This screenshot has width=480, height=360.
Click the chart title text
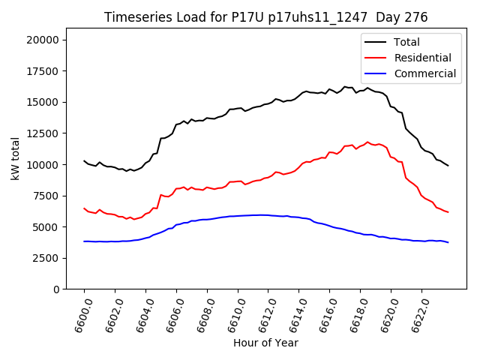(x=266, y=17)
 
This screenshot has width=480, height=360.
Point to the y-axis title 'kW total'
(x=15, y=159)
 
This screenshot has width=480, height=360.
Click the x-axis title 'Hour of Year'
(x=265, y=343)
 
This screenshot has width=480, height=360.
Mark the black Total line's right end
(x=448, y=166)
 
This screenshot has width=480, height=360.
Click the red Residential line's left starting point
(x=84, y=208)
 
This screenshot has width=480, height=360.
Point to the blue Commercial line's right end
(x=448, y=242)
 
